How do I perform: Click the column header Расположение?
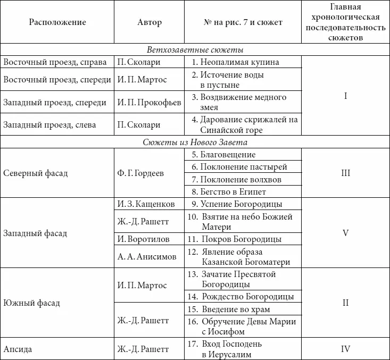pyautogui.click(x=57, y=22)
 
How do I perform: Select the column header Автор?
pyautogui.click(x=150, y=22)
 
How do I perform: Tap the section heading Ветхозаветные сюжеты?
pyautogui.click(x=195, y=50)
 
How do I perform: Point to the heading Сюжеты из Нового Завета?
pyautogui.click(x=195, y=143)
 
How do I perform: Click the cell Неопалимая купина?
pyautogui.click(x=235, y=62)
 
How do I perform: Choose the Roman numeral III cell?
pyautogui.click(x=345, y=173)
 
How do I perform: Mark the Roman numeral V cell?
pyautogui.click(x=345, y=233)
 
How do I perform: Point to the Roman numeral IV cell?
pyautogui.click(x=345, y=349)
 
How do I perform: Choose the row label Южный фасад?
pyautogui.click(x=31, y=303)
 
